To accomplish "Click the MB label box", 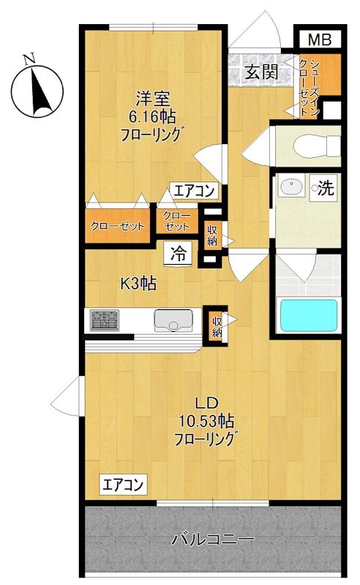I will (x=318, y=39).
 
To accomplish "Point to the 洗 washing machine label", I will (x=326, y=187).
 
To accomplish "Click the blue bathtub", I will (x=310, y=314).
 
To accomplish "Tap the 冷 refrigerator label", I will (x=179, y=254).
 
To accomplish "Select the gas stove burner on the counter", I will (x=105, y=320).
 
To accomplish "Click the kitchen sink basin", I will (x=173, y=320).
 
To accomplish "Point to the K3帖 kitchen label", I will (x=138, y=284).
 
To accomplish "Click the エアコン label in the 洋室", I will (x=194, y=192).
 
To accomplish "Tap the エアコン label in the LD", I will (x=123, y=483).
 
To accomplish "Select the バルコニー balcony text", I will (x=213, y=541).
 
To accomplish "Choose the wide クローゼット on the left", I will (x=118, y=226).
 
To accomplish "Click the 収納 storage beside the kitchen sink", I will (x=217, y=324).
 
